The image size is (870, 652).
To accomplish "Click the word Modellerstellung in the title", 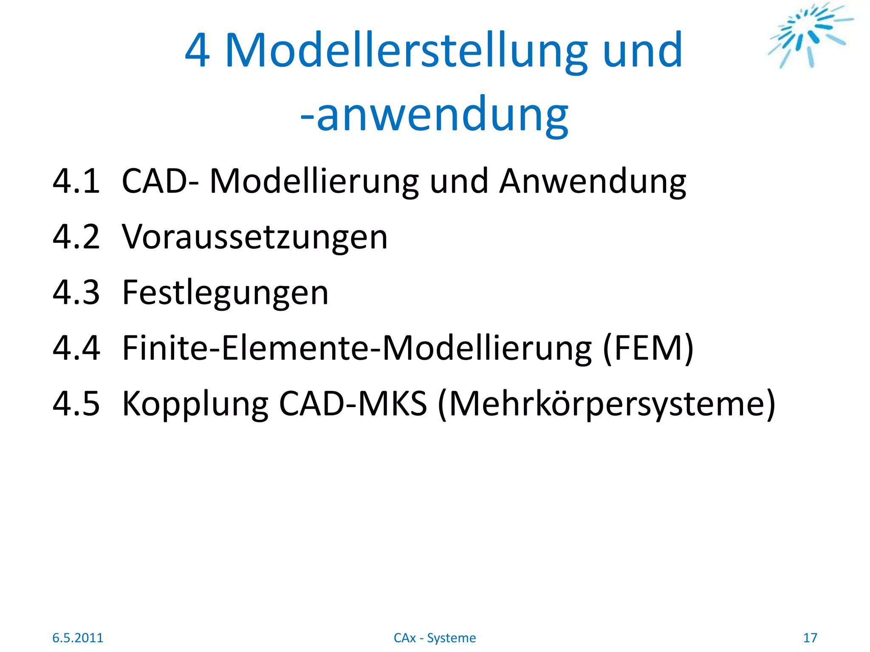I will pyautogui.click(x=406, y=51).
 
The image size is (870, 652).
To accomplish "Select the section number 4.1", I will pyautogui.click(x=76, y=182).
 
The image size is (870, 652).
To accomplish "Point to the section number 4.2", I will pyautogui.click(x=76, y=237).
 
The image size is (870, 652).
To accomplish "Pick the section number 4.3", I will pyautogui.click(x=76, y=293).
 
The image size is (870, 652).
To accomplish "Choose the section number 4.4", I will pyautogui.click(x=76, y=348).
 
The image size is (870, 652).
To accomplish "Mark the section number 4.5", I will pyautogui.click(x=76, y=404).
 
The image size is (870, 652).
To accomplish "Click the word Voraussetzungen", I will pyautogui.click(x=255, y=237).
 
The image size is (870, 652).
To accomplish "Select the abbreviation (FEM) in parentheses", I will pyautogui.click(x=648, y=348).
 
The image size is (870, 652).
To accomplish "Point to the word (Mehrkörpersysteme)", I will pyautogui.click(x=607, y=404).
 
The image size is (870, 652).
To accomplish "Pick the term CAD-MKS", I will pyautogui.click(x=353, y=404).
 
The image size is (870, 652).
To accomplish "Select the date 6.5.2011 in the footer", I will pyautogui.click(x=78, y=638).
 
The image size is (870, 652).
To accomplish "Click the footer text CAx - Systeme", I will pyautogui.click(x=435, y=638).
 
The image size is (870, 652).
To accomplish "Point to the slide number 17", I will pyautogui.click(x=810, y=638).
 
